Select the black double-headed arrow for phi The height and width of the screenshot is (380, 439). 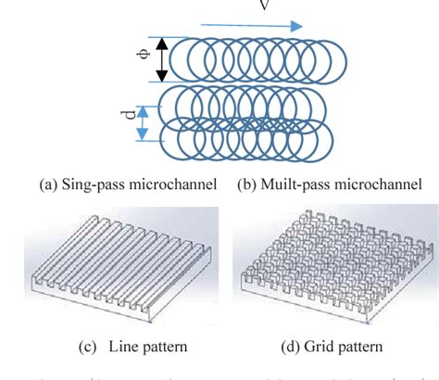tap(162, 59)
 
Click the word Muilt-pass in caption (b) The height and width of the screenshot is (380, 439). tap(289, 186)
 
